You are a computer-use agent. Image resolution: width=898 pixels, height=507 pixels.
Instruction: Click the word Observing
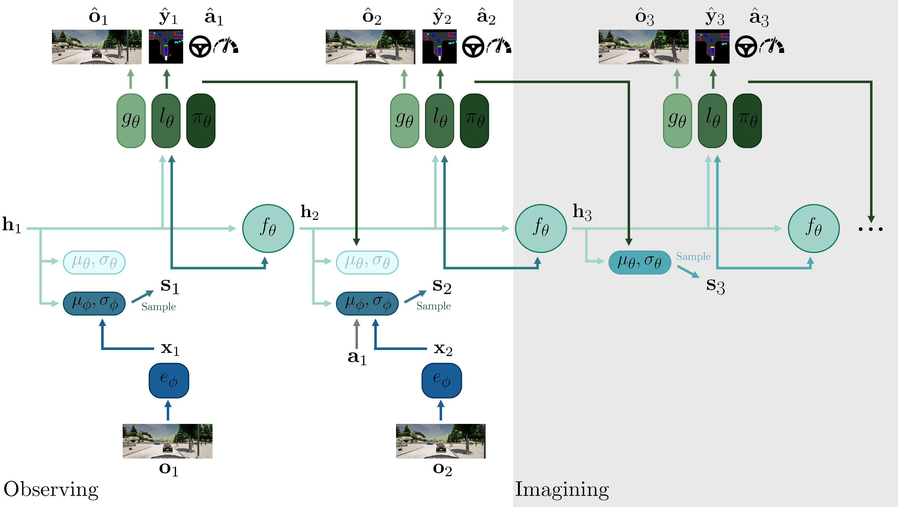(51, 489)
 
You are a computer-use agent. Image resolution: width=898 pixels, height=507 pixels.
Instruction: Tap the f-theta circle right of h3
(814, 228)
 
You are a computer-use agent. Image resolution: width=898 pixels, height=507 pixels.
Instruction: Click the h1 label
(12, 224)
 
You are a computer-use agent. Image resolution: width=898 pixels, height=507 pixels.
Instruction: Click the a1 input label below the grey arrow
(357, 358)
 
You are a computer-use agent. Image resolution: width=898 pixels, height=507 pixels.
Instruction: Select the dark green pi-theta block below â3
(747, 120)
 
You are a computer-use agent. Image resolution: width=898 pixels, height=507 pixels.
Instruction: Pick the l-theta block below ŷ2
(440, 120)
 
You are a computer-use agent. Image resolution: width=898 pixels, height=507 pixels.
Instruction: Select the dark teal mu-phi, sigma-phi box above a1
(367, 303)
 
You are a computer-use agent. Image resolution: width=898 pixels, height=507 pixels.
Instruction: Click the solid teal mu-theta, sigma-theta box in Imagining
(640, 262)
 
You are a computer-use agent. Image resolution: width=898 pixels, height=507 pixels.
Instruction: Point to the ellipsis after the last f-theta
(871, 229)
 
